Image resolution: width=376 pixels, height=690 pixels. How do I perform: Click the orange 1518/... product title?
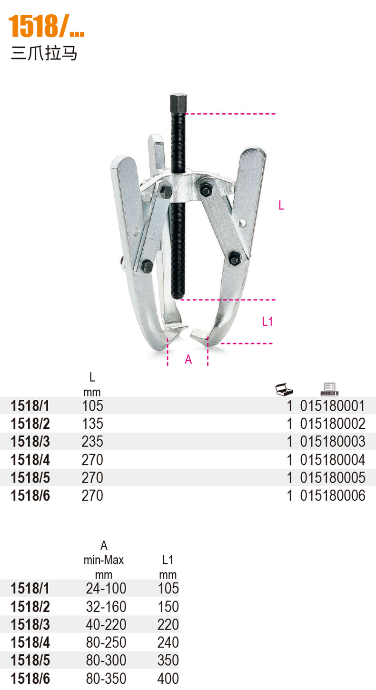pyautogui.click(x=46, y=26)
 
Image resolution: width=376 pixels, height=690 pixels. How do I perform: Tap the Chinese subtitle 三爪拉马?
pyautogui.click(x=44, y=53)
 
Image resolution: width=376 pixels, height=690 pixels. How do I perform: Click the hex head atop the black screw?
pyautogui.click(x=178, y=104)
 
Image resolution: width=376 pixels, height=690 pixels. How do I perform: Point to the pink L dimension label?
pyautogui.click(x=281, y=205)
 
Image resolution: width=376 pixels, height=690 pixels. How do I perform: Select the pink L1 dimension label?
pyautogui.click(x=267, y=322)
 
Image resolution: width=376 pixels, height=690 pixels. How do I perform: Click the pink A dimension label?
pyautogui.click(x=188, y=359)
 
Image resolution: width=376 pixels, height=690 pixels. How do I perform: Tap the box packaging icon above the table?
pyautogui.click(x=284, y=389)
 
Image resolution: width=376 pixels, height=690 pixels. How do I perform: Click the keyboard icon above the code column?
pyautogui.click(x=329, y=389)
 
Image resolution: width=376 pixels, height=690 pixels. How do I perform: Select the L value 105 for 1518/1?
pyautogui.click(x=92, y=406)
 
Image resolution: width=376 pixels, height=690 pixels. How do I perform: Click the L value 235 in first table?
pyautogui.click(x=92, y=442)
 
